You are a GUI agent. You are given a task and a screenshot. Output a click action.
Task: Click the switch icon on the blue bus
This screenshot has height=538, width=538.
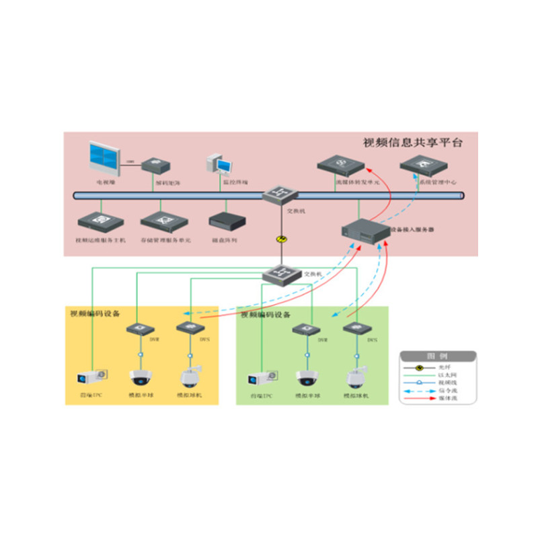click(279, 194)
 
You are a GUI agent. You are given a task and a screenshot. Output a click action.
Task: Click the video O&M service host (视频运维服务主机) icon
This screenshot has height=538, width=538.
click(93, 221)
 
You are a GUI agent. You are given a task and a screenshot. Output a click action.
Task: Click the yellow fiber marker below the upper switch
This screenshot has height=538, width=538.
click(280, 239)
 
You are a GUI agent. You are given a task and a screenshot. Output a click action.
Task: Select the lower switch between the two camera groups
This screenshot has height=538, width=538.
click(279, 274)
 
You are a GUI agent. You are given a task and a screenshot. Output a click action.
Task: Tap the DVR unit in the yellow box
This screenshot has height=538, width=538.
click(140, 329)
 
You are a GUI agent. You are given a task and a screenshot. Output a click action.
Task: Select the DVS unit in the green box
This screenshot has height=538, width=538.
click(355, 329)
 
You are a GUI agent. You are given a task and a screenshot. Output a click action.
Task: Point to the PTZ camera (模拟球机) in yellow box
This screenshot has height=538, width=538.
click(190, 377)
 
